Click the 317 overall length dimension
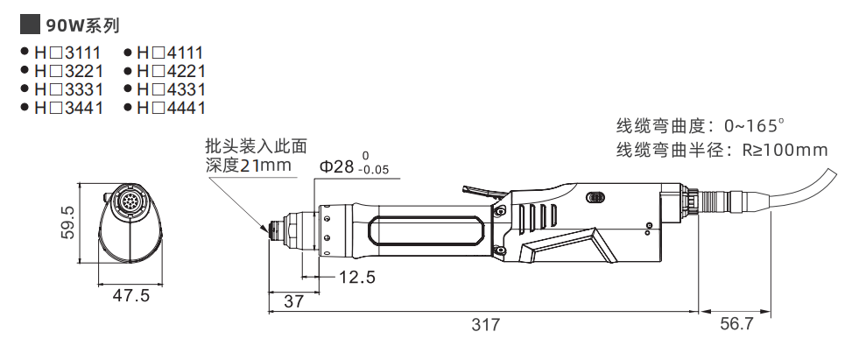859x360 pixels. pos(485,324)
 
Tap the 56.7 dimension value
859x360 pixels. pos(736,324)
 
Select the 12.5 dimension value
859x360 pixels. pos(356,278)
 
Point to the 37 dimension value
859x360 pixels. pos(293,300)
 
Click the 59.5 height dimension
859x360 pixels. pos(69,222)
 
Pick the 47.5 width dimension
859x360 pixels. pos(131,296)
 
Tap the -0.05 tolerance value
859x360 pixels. pos(374,171)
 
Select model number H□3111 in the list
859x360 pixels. pos(68,53)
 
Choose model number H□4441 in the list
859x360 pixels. pos(171,108)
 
